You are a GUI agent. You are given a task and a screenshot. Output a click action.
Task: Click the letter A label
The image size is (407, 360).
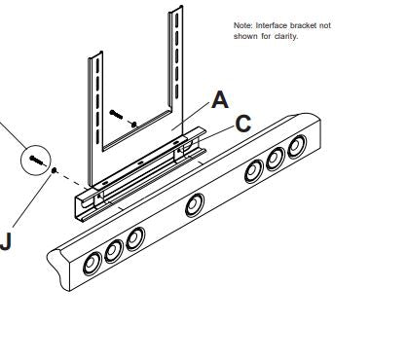(x=221, y=99)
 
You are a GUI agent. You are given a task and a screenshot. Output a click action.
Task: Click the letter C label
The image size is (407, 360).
(x=242, y=124)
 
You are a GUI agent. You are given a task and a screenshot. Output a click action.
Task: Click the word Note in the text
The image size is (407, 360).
(x=242, y=25)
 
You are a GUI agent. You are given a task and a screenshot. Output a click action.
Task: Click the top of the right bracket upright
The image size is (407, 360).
(x=177, y=13)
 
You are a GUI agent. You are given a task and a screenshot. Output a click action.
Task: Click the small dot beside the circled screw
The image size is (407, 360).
(x=55, y=169)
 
